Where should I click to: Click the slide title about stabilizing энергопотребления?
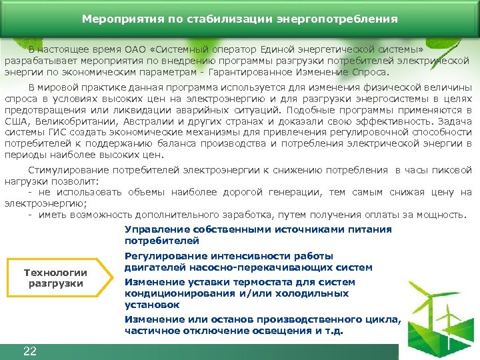pyautogui.click(x=240, y=19)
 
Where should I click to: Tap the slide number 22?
pyautogui.click(x=29, y=351)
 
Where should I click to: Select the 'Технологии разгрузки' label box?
pyautogui.click(x=55, y=278)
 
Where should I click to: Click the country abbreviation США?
pyautogui.click(x=18, y=121)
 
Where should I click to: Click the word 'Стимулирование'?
pyautogui.click(x=66, y=171)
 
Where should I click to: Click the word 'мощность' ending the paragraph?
pyautogui.click(x=443, y=214)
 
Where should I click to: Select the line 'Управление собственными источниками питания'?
pyautogui.click(x=258, y=229)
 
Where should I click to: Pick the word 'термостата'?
pyautogui.click(x=271, y=282)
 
